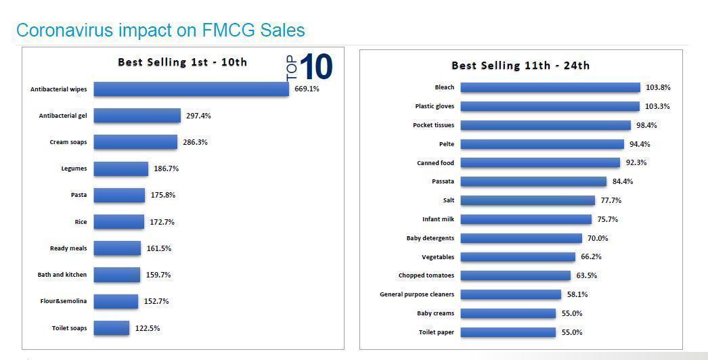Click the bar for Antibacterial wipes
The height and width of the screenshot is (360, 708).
pyautogui.click(x=191, y=89)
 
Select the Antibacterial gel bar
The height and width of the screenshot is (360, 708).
pyautogui.click(x=137, y=116)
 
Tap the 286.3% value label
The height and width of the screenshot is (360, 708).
pyautogui.click(x=195, y=142)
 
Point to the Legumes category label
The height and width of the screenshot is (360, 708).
pyautogui.click(x=74, y=168)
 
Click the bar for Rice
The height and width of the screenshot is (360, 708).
pyautogui.click(x=118, y=222)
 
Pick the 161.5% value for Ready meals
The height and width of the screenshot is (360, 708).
pyautogui.click(x=159, y=248)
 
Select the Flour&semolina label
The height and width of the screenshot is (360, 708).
pyautogui.click(x=63, y=301)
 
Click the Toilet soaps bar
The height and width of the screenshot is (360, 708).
pyautogui.click(x=111, y=328)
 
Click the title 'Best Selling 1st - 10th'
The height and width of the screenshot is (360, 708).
pyautogui.click(x=182, y=62)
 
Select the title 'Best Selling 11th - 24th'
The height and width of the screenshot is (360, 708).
pyautogui.click(x=520, y=66)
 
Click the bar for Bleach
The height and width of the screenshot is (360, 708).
pyautogui.click(x=550, y=87)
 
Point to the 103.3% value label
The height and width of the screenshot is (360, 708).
pyautogui.click(x=658, y=106)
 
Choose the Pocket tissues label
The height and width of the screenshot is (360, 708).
pyautogui.click(x=433, y=125)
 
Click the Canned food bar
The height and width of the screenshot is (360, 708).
pyautogui.click(x=539, y=163)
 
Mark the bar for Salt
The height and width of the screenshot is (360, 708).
pyautogui.click(x=527, y=200)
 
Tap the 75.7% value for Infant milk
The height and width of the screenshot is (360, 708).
pyautogui.click(x=607, y=219)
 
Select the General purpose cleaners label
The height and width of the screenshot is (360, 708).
pyautogui.click(x=417, y=294)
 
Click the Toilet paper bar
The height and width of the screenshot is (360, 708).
pyautogui.click(x=508, y=332)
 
